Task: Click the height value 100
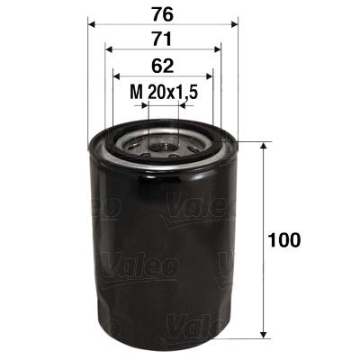[x=284, y=240]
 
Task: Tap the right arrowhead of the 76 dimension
[x=233, y=25]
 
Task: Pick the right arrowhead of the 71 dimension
[x=217, y=50]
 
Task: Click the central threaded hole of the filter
[x=162, y=142]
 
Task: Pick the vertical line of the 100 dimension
[x=262, y=270]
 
